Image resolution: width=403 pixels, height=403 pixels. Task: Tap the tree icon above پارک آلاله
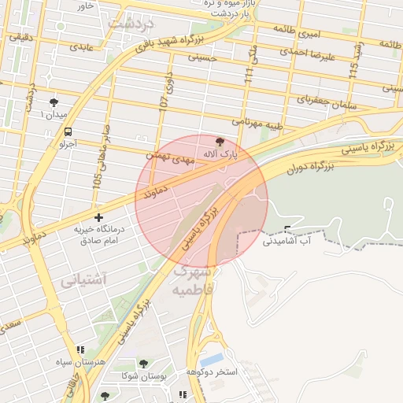tap(219, 141)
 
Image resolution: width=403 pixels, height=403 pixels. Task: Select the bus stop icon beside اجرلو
tap(68, 131)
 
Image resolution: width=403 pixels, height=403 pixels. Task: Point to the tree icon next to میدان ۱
tap(54, 102)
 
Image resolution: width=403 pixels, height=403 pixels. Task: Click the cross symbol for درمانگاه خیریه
tap(98, 216)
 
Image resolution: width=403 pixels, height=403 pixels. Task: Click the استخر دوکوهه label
tap(216, 371)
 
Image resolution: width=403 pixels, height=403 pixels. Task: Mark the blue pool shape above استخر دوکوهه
tap(211, 359)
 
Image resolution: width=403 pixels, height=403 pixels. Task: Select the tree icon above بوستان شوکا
tap(143, 364)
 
